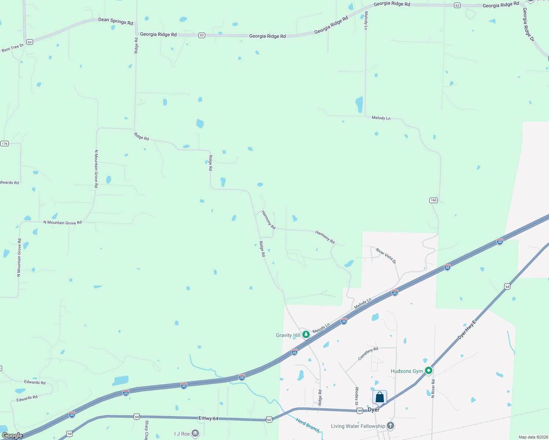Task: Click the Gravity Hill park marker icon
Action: point(306,335)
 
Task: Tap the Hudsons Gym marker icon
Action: point(428,371)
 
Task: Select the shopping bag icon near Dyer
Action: point(379,397)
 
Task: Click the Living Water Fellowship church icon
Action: point(390,426)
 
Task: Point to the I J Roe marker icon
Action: point(195,434)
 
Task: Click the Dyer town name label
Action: point(374,410)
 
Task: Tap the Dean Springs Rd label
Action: point(116,21)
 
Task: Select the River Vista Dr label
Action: point(386,256)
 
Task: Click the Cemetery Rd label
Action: point(368,354)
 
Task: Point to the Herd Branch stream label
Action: point(308,425)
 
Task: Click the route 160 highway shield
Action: point(433,200)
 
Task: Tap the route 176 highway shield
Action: point(4,143)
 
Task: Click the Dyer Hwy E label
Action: point(466,330)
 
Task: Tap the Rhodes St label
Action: point(357,396)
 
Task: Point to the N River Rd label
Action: point(433,389)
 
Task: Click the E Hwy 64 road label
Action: point(208,418)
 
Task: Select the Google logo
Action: point(12,436)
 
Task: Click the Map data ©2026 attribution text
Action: point(532,437)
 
